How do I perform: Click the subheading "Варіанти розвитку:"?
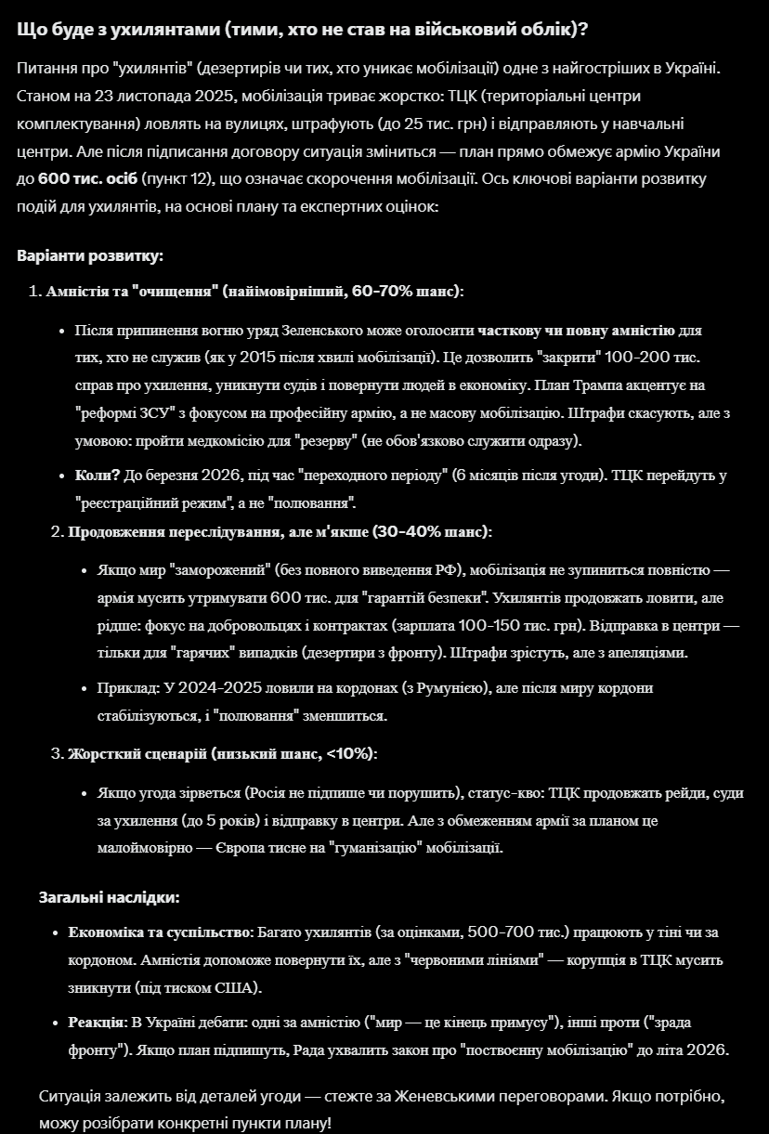(89, 255)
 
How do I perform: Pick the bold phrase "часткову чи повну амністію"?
(576, 331)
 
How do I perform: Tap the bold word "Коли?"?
(98, 476)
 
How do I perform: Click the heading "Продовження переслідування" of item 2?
(173, 532)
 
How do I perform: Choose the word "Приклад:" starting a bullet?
(128, 688)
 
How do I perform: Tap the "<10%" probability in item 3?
(349, 753)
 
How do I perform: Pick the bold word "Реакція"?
(96, 1023)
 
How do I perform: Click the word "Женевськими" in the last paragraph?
(444, 1096)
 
